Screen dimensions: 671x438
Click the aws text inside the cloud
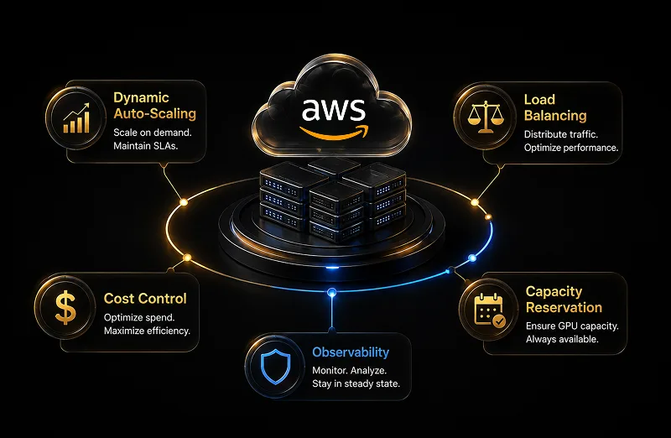tap(334, 110)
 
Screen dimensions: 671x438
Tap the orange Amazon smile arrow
tap(334, 133)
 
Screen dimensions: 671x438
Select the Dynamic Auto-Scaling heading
tap(154, 106)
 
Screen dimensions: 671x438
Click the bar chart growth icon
tap(76, 117)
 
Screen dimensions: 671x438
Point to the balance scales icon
tap(486, 117)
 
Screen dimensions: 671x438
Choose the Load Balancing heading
tap(555, 107)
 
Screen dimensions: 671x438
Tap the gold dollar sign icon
tap(65, 306)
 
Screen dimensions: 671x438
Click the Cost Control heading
tap(145, 299)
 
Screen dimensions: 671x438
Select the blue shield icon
tap(276, 367)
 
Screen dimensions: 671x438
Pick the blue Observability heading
tap(351, 352)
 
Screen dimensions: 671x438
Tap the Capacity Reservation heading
tap(564, 300)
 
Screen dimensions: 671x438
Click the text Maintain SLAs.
tap(145, 146)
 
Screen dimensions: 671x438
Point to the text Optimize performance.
tap(571, 148)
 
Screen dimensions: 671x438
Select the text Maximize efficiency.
tap(147, 331)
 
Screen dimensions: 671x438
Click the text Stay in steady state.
tap(356, 383)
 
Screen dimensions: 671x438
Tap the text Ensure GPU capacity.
tap(572, 326)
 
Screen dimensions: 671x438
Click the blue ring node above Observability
tap(331, 293)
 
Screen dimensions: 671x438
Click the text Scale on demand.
tap(153, 133)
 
